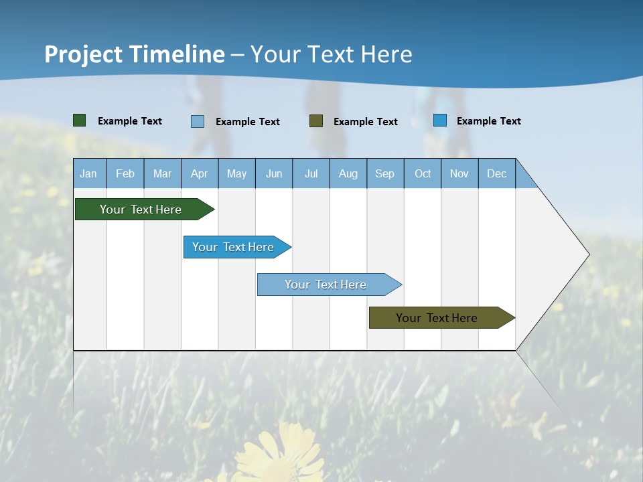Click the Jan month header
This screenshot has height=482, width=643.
click(88, 173)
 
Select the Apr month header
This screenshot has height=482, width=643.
click(199, 173)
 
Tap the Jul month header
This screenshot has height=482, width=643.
click(311, 173)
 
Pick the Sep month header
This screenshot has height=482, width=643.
click(384, 173)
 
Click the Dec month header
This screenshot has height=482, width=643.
click(496, 173)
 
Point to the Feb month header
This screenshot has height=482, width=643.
click(125, 173)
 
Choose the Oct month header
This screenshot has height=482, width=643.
click(423, 173)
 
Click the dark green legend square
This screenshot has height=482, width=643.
click(80, 120)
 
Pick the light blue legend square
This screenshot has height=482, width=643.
click(198, 121)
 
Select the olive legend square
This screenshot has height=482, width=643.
click(316, 121)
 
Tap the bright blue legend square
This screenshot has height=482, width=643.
click(440, 120)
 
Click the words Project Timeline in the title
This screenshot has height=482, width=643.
click(135, 54)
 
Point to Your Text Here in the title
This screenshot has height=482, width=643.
click(332, 54)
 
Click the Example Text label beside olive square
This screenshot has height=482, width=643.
click(365, 122)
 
